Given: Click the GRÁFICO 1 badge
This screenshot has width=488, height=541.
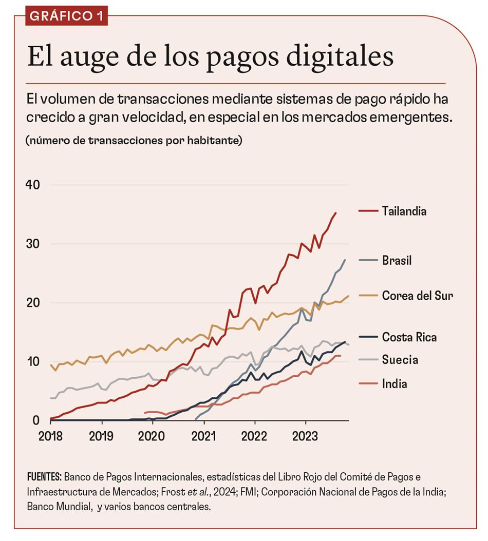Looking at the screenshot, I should click(66, 15).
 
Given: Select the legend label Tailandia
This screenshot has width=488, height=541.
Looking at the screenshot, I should click(404, 211).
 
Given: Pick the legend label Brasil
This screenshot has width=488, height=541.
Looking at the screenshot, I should click(397, 261).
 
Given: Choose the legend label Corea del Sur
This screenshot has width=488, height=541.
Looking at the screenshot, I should click(417, 296).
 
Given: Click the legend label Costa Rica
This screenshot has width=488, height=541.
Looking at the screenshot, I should click(409, 337).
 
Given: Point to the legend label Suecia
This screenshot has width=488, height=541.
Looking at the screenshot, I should click(400, 360).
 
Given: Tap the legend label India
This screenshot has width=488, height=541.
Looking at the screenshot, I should click(395, 383).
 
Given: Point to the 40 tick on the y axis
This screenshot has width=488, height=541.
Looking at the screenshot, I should click(33, 185).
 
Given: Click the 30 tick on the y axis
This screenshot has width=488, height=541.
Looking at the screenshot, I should click(33, 244).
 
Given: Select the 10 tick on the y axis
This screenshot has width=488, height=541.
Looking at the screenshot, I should click(33, 361).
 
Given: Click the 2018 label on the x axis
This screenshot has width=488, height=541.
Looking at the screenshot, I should click(50, 437).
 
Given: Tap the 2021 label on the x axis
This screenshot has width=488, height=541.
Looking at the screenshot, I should click(204, 437).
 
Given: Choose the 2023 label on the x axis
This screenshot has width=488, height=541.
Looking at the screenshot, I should click(306, 437).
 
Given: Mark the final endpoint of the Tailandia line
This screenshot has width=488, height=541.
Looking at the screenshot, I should click(335, 212).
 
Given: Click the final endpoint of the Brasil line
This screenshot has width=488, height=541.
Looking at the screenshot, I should click(345, 260).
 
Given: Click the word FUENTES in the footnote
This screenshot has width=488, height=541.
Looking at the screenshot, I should click(44, 477).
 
